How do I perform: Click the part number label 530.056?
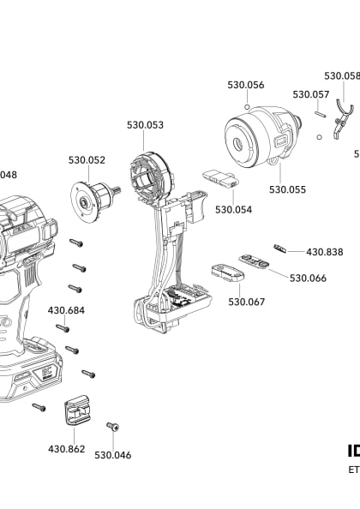click(x=245, y=85)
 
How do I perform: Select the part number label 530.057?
click(x=310, y=94)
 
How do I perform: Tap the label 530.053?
click(x=145, y=125)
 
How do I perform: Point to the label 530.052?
click(x=87, y=159)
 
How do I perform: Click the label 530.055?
click(x=287, y=189)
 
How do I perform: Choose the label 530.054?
click(x=232, y=209)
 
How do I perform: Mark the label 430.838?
click(x=324, y=252)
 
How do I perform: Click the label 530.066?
click(x=308, y=278)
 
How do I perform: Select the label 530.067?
click(x=246, y=302)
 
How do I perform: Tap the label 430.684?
click(x=66, y=309)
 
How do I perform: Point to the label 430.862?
click(x=66, y=448)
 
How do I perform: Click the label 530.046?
click(x=112, y=455)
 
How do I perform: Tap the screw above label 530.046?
click(x=111, y=426)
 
